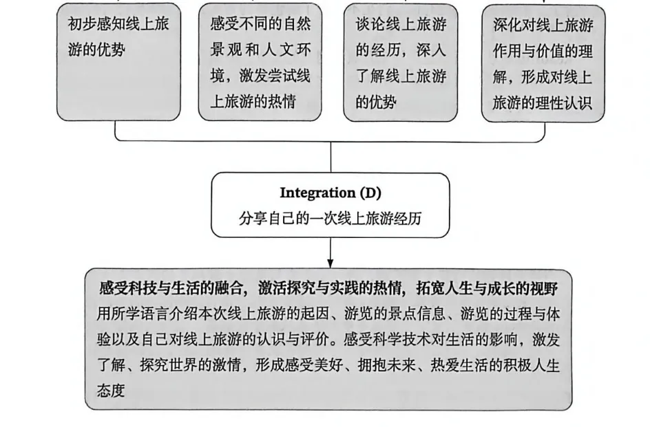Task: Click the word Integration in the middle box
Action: (x=313, y=193)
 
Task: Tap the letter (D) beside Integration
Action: (x=369, y=193)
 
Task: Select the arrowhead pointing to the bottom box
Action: (x=331, y=263)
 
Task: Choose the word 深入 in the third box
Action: (x=432, y=51)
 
